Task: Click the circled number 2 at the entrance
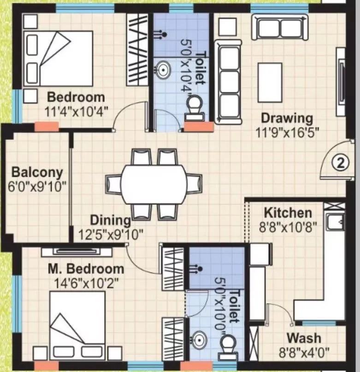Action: point(340,163)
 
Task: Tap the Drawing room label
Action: point(287,118)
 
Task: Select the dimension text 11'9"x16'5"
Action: point(288,132)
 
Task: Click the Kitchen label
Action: point(288,213)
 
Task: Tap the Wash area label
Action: point(303,338)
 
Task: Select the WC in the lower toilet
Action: point(229,346)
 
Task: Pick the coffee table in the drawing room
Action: point(269,82)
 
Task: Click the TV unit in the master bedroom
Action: point(77,251)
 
